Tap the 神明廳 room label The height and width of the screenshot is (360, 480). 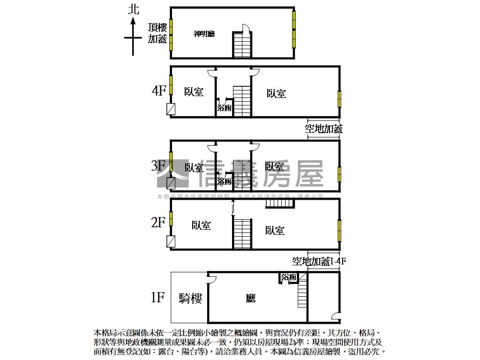coord(204,34)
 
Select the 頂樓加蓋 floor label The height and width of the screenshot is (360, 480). coord(157,33)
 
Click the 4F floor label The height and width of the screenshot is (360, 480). coord(159,90)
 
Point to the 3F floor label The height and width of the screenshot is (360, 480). coord(159,165)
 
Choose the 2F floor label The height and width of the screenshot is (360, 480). coord(159,222)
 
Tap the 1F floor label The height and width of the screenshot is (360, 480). coord(158,297)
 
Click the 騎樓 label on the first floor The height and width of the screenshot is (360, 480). coord(191,298)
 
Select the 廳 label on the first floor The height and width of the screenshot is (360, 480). coord(251,298)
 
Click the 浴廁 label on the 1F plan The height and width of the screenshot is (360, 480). coord(289,277)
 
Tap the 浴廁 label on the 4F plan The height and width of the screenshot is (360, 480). coord(224,108)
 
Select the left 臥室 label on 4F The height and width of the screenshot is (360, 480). coord(194,92)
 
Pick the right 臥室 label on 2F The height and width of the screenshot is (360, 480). coord(275,230)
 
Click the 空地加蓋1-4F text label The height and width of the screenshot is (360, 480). coord(319,262)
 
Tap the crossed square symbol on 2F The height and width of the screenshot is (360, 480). coord(171,241)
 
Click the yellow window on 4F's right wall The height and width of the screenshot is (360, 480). coord(339,98)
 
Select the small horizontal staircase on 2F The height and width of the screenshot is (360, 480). coord(279,203)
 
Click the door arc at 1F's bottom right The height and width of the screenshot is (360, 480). coord(335,316)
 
